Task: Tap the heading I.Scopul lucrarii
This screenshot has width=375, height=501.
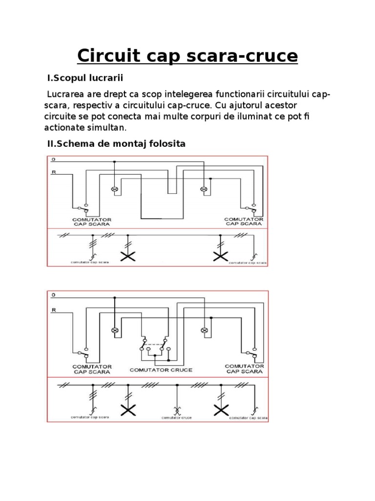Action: [x=84, y=78]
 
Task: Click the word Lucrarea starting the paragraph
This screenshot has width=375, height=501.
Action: [x=65, y=93]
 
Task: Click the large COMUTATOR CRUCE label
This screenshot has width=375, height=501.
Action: [x=161, y=370]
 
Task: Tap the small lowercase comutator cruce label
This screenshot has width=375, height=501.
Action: [x=176, y=417]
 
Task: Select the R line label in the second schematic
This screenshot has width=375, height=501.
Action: [x=53, y=310]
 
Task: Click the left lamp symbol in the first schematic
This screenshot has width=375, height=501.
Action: [x=115, y=189]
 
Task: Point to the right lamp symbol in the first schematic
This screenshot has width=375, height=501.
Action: [x=204, y=189]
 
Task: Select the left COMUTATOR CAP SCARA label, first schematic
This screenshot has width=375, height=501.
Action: [x=92, y=222]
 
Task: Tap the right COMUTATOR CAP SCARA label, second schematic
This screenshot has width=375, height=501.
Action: [x=244, y=368]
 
